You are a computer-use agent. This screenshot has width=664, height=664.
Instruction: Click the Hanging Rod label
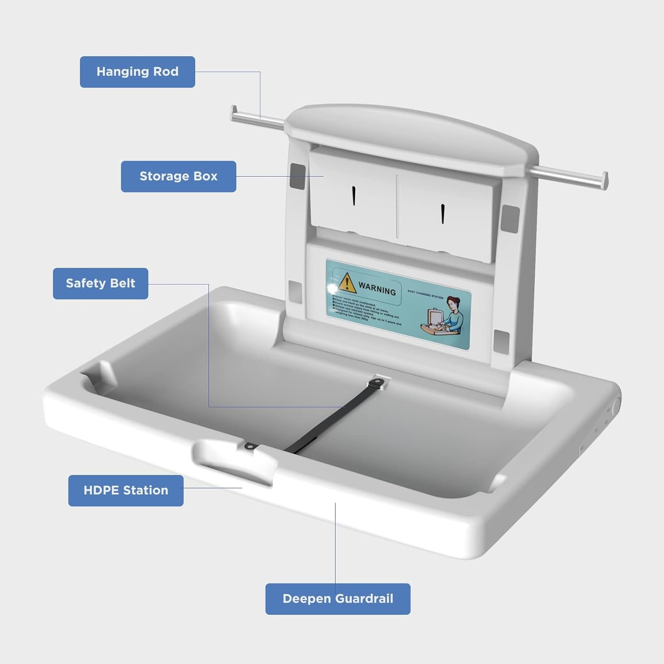point(137,72)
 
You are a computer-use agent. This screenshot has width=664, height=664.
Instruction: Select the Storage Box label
point(178,176)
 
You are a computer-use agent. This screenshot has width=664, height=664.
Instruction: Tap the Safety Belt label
point(100,283)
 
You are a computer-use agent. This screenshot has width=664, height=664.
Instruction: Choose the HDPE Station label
point(126,490)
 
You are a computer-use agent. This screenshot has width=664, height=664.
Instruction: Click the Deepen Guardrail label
point(338,599)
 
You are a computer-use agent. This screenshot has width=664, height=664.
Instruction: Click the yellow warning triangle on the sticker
point(347,283)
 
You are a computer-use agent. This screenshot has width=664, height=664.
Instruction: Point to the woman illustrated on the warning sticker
point(454,314)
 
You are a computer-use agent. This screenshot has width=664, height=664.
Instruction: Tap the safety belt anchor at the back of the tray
point(380,382)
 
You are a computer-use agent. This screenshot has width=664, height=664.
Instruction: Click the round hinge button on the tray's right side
point(616,406)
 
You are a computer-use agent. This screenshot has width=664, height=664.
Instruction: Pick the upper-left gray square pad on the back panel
point(297,176)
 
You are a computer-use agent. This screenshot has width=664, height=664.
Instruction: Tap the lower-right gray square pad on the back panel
point(501,342)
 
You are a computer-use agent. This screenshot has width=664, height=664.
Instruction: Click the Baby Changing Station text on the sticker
point(425,294)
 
